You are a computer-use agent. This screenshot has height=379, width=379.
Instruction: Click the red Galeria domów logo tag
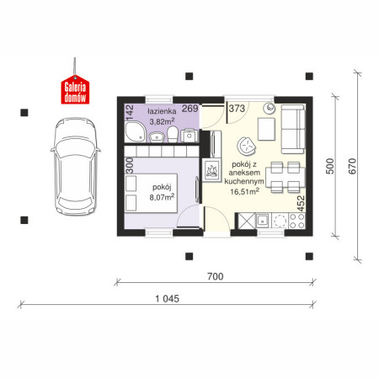coord(75,90)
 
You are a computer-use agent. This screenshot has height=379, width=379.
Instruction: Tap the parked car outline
coord(76,166)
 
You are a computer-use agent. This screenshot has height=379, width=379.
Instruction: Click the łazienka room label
coord(162,111)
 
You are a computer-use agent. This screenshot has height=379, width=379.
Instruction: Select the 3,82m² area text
coord(162,121)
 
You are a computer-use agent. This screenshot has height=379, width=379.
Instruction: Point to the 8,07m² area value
coord(162,197)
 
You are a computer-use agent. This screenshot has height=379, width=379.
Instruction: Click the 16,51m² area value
coord(244,191)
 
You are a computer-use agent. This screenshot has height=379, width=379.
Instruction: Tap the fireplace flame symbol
coord(211,171)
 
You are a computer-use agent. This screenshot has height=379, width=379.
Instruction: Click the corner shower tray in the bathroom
coord(136,131)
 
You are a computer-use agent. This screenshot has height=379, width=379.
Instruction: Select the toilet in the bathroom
coord(173,134)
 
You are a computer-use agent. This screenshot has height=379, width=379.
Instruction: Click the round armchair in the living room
coord(246,146)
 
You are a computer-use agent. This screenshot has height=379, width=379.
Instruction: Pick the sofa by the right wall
coord(293,129)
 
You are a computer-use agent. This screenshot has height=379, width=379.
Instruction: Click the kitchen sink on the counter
coord(263,221)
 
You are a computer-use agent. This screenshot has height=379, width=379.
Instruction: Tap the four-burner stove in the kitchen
coord(296,221)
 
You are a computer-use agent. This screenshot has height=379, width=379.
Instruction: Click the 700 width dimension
coord(216,276)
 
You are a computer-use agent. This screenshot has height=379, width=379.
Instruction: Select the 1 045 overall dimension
coord(168,298)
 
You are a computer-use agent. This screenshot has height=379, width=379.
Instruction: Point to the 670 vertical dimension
coord(352,166)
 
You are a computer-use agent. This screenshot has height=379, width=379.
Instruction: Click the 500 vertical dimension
coord(330,166)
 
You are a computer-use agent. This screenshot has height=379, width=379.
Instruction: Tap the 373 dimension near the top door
coord(237,109)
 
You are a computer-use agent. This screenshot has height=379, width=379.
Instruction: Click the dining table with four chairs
coord(286,178)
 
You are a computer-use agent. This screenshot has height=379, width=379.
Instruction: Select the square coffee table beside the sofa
coord(266,129)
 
